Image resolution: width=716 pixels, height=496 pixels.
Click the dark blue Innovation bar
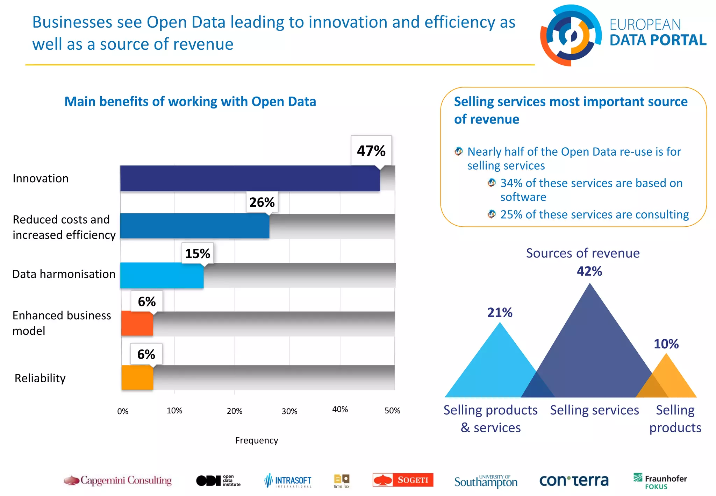point(250,178)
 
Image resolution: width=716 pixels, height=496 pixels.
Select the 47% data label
point(371,151)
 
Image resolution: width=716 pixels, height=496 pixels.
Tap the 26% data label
point(262,202)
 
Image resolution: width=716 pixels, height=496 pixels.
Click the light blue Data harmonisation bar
point(162,275)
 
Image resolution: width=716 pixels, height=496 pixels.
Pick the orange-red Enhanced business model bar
point(137,323)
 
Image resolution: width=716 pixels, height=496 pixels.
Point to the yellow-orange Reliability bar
point(137,377)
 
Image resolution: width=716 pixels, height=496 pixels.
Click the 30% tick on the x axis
point(289,411)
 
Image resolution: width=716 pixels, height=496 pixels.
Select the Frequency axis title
point(257,440)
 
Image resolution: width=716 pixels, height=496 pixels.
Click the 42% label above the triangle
point(589,271)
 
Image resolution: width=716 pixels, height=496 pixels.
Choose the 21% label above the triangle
point(500,312)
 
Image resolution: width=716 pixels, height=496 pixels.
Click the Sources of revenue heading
point(583,253)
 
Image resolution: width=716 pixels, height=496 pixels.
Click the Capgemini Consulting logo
point(118,480)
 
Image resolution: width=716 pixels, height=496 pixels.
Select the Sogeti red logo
point(403,480)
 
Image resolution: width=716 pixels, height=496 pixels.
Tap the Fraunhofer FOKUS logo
point(660,481)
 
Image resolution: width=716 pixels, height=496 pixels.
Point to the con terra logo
point(574,481)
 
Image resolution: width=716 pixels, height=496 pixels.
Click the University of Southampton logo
point(486,481)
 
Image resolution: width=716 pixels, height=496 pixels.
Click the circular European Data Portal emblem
point(570,35)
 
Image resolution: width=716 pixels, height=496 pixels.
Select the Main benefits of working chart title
point(190,101)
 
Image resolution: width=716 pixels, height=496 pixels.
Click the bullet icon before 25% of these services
point(492,214)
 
